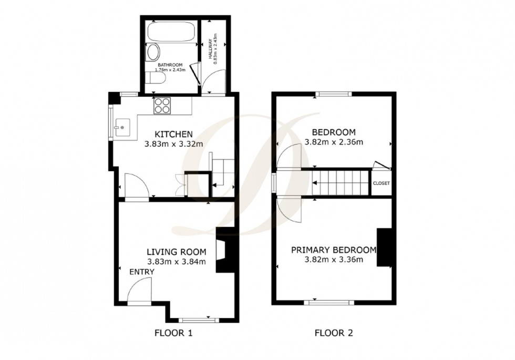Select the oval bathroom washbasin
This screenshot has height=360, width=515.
(x=153, y=53)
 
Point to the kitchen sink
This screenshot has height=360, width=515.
(x=121, y=126)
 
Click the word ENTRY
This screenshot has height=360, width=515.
(x=142, y=272)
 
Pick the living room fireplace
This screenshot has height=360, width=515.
(x=225, y=250)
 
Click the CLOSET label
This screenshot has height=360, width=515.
(x=381, y=183)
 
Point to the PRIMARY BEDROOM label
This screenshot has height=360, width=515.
(x=334, y=250)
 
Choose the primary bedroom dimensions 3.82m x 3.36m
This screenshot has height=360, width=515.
(x=334, y=260)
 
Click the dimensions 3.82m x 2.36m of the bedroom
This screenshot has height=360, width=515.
(x=334, y=142)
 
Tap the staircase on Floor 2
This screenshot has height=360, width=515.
(x=342, y=183)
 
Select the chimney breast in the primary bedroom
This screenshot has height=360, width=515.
(x=385, y=249)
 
